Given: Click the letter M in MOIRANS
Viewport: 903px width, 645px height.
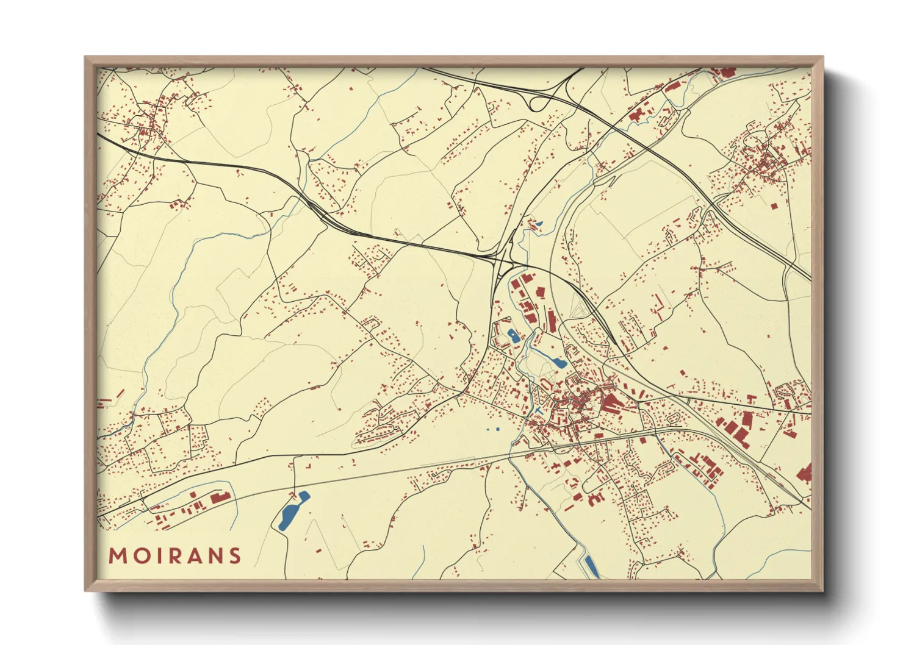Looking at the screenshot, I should point(117,556).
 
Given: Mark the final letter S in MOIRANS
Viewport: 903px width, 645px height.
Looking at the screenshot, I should point(234,556).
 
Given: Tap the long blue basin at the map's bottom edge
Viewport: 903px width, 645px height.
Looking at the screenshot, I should point(591,565).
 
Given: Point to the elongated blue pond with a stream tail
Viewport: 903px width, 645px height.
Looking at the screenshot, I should point(556,362).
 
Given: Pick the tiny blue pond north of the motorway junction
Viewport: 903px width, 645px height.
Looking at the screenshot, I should point(538,224).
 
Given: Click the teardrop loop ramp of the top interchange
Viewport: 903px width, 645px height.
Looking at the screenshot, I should point(538,103).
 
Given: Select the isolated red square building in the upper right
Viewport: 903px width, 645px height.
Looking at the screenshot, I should point(774,206).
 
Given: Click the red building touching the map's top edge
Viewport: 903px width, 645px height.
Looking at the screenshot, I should point(727,72).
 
